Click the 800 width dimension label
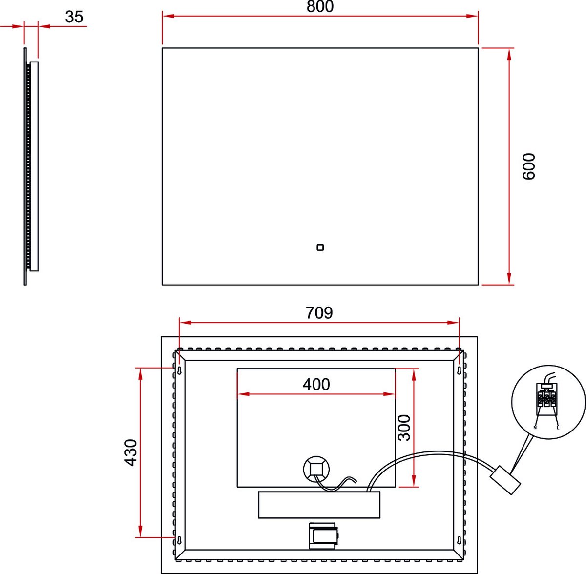(320, 6)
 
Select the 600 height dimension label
(528, 166)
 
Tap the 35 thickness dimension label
(74, 17)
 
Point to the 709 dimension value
(319, 313)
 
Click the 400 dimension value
(316, 384)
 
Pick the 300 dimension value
(404, 428)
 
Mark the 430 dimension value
(131, 452)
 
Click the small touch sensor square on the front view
(320, 247)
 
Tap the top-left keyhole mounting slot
(179, 370)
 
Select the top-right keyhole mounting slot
(460, 370)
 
